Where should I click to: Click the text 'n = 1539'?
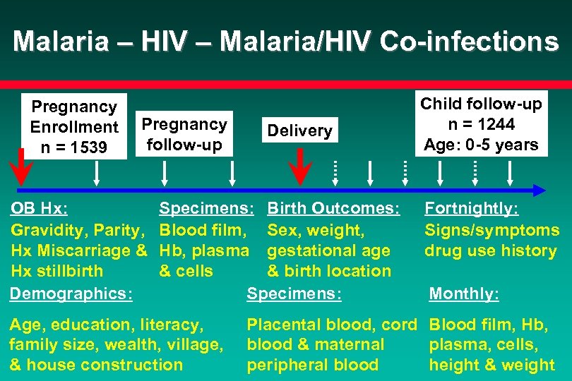[x=74, y=147]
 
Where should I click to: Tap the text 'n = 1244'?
[x=481, y=125]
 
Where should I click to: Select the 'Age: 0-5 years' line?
[x=481, y=145]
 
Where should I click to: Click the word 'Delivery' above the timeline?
[x=299, y=131]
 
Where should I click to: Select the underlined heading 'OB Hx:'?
[x=40, y=209]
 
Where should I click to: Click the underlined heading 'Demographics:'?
[x=71, y=294]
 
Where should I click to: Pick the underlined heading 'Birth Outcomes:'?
[x=333, y=209]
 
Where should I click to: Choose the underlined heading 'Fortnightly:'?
[x=471, y=209]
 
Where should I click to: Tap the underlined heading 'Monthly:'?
[x=464, y=294]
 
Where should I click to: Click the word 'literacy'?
[x=172, y=325]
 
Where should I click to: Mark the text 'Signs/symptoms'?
[x=491, y=230]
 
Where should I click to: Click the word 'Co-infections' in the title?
[x=469, y=42]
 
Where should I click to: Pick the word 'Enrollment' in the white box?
[x=74, y=127]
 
